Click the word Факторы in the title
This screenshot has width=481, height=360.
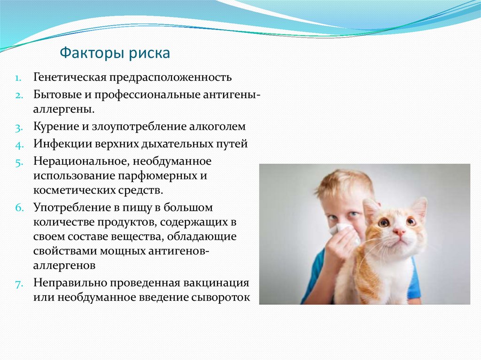pyautogui.click(x=92, y=54)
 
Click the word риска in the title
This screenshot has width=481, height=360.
pyautogui.click(x=149, y=54)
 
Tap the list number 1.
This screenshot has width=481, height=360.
pyautogui.click(x=18, y=78)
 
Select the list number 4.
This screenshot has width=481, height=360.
pyautogui.click(x=19, y=145)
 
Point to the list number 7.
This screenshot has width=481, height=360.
pyautogui.click(x=19, y=284)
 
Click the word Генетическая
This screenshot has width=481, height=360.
pyautogui.click(x=70, y=77)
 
